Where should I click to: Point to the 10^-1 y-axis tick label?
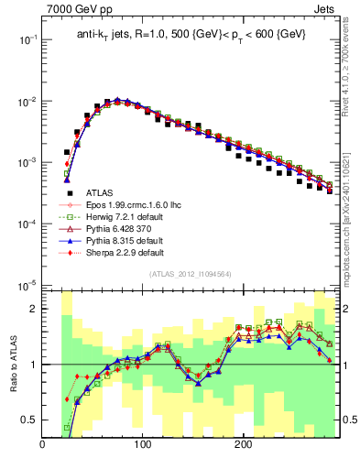tap(27, 40)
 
